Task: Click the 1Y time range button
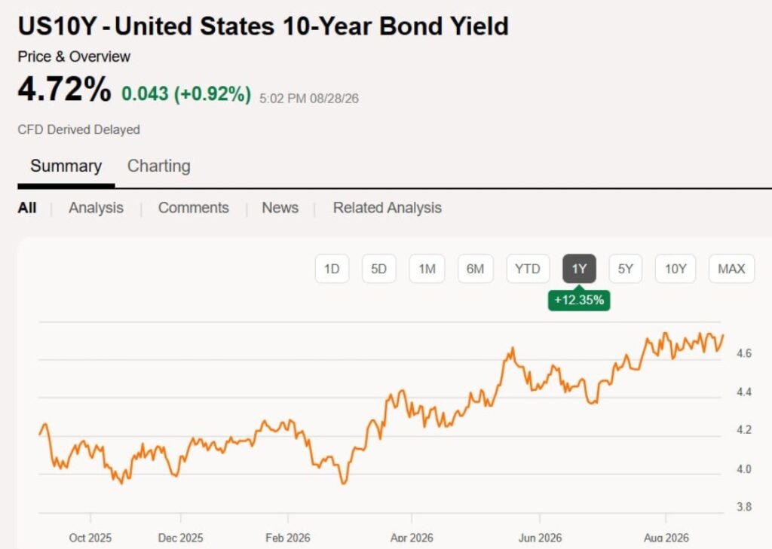point(579,269)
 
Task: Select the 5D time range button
point(378,269)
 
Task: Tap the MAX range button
point(731,269)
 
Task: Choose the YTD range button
point(528,269)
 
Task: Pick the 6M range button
point(475,269)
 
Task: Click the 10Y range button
point(675,269)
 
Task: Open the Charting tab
point(158,166)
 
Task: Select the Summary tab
point(66,166)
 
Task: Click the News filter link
point(280,208)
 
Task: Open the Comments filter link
point(194,208)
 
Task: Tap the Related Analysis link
point(387,208)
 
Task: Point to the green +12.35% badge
point(579,300)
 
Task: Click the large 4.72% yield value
point(65,89)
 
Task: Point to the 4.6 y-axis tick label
point(744,353)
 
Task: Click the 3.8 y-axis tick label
point(744,507)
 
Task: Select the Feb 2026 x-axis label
point(287,538)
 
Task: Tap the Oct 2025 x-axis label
point(90,538)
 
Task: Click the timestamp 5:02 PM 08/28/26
point(308,99)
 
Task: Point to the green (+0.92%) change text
point(213,93)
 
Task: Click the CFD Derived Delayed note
point(78,130)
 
